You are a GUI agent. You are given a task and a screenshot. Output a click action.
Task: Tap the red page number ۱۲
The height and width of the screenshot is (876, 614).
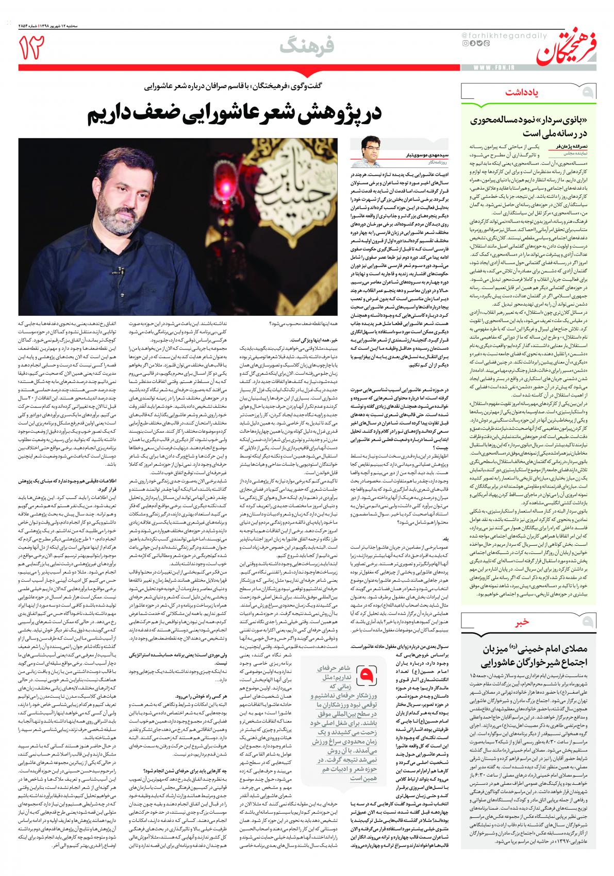pyautogui.click(x=32, y=47)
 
